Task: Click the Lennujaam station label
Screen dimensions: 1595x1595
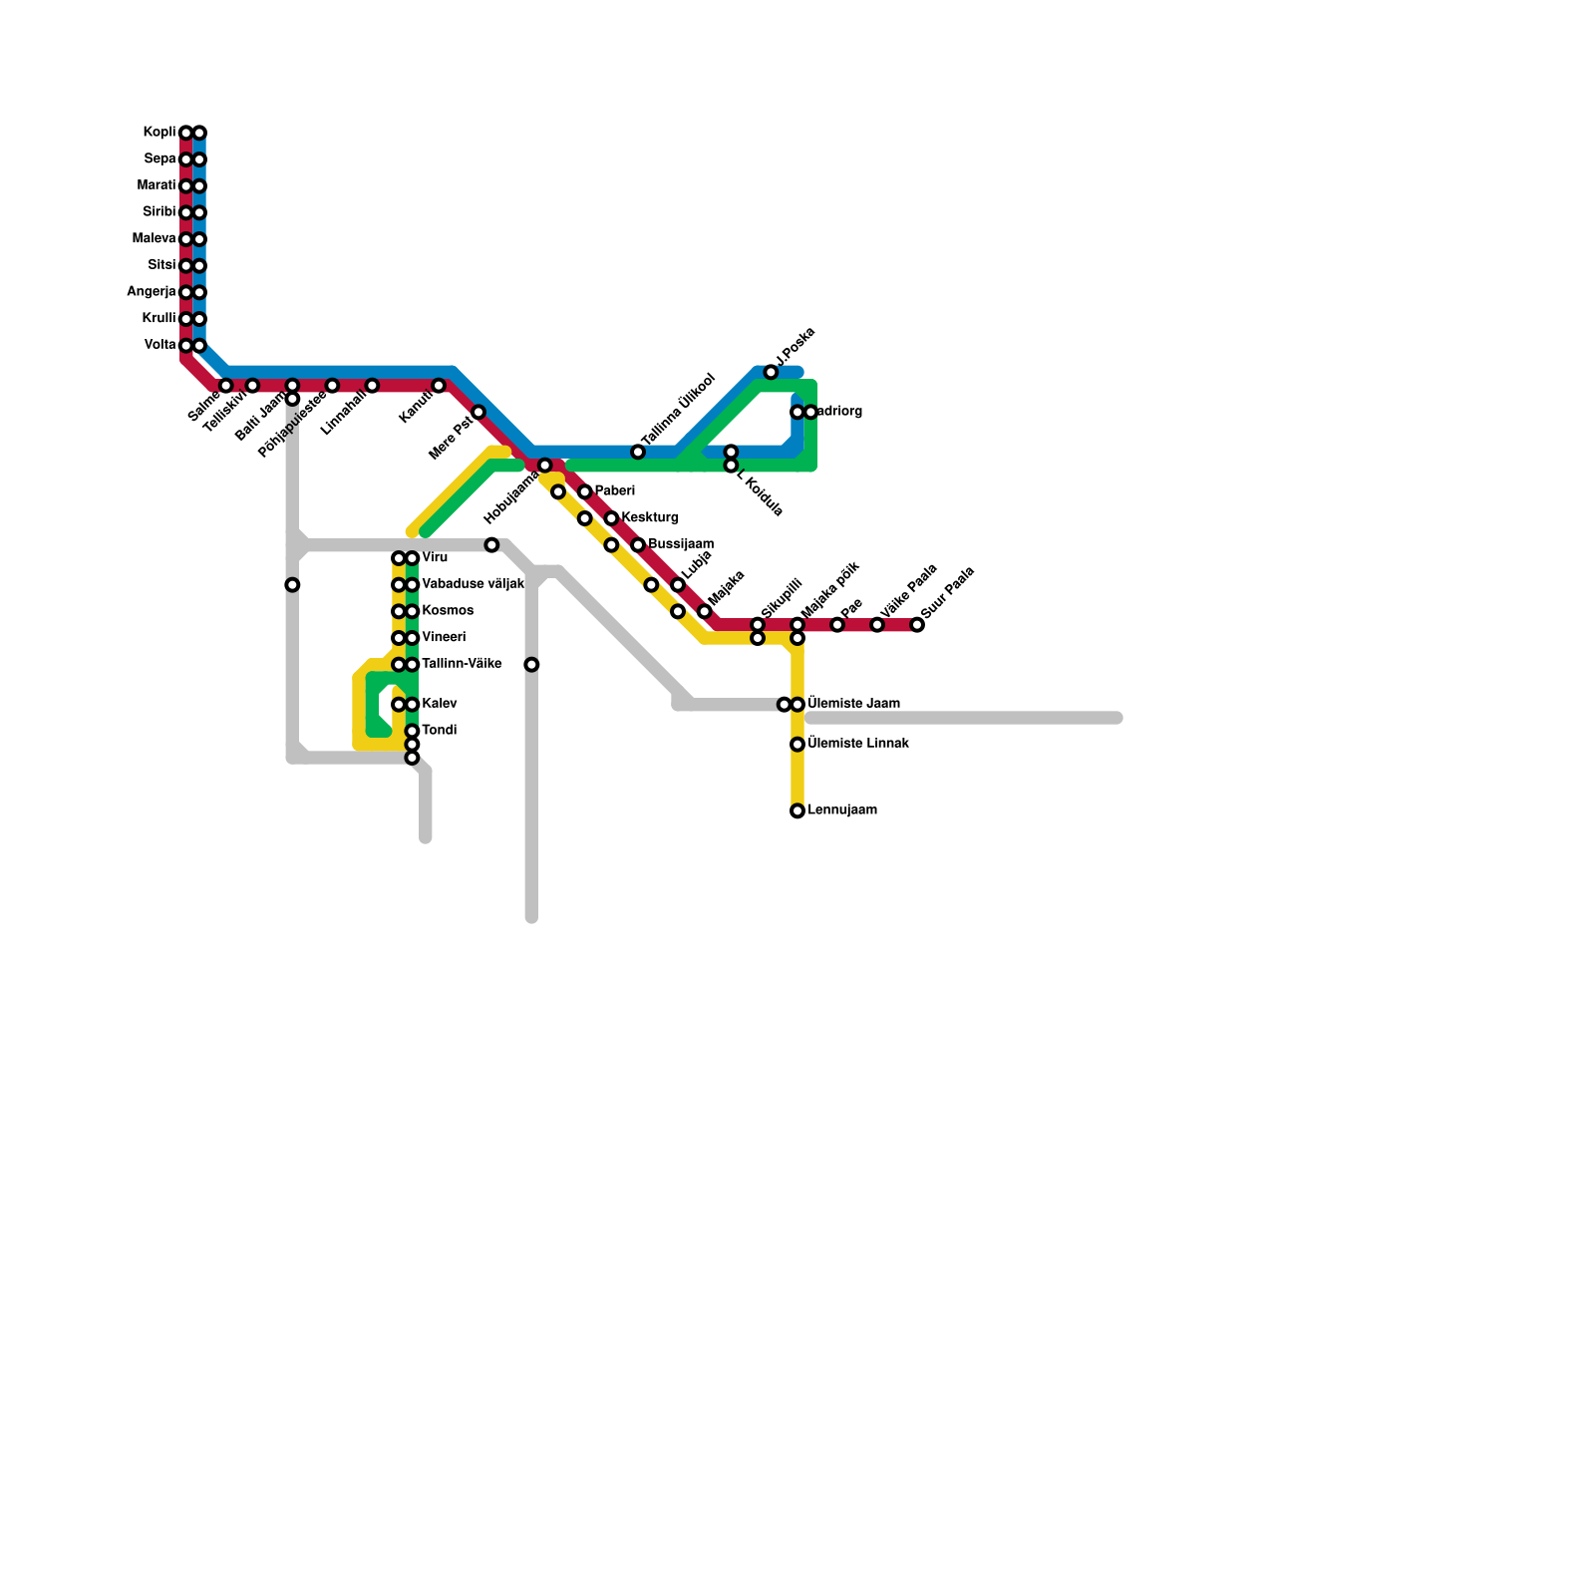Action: tap(842, 810)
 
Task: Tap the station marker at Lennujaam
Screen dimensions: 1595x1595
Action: tap(797, 811)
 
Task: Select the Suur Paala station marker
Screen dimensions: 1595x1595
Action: tap(917, 625)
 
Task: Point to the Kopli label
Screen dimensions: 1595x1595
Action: tap(159, 133)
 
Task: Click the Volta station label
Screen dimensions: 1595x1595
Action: tap(160, 345)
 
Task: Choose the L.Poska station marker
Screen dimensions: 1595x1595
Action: tap(771, 373)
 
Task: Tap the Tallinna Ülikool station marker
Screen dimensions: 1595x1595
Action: tap(638, 453)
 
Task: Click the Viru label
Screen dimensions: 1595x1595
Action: tap(435, 557)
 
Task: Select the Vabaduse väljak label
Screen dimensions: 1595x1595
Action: tap(473, 584)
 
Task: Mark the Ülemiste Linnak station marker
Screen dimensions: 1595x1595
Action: tap(797, 745)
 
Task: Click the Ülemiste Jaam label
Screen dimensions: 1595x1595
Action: tap(854, 704)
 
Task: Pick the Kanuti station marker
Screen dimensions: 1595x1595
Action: tap(439, 386)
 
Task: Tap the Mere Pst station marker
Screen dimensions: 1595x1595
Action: tap(478, 413)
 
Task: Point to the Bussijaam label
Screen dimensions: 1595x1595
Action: tap(681, 544)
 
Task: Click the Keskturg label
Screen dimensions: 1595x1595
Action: tap(650, 518)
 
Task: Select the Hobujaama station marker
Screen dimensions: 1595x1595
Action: tap(544, 466)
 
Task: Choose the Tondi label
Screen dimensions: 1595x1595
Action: tap(440, 731)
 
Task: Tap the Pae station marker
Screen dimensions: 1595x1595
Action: tap(837, 625)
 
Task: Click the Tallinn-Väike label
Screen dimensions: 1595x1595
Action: tap(462, 664)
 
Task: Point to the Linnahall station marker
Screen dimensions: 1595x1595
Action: tap(372, 386)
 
